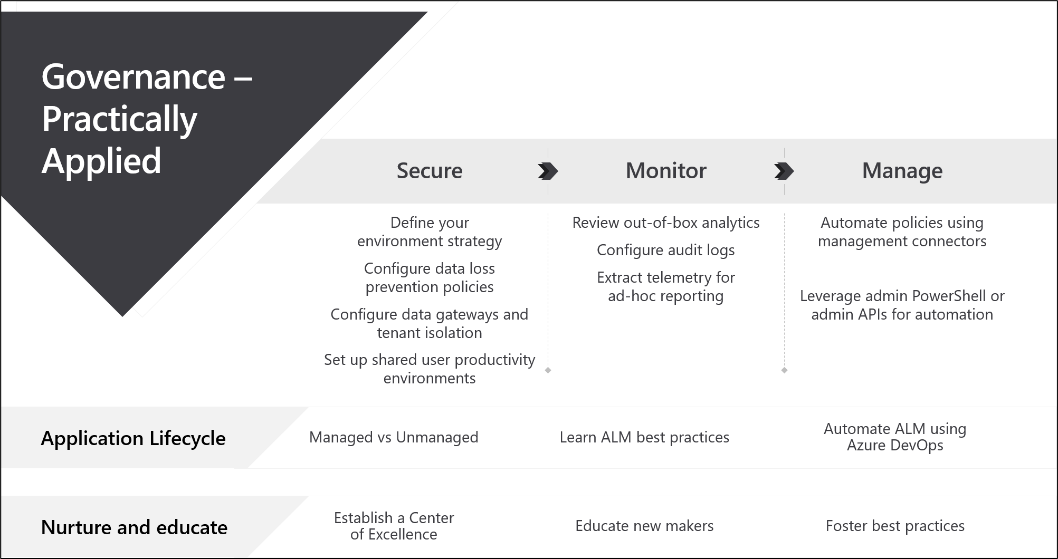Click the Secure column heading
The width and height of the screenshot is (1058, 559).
pos(429,171)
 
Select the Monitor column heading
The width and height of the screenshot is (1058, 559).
pos(665,171)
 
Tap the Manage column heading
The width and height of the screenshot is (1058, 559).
pos(902,171)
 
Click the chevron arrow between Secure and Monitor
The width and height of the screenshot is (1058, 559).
pos(548,171)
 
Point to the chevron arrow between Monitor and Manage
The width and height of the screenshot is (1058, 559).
pos(784,171)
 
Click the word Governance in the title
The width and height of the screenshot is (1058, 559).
pos(133,77)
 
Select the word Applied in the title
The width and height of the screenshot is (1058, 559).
pos(101,161)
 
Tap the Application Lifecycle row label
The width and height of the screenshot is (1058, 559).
pos(133,438)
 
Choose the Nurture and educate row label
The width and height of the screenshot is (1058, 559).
pos(134,527)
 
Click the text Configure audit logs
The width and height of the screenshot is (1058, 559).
pos(665,250)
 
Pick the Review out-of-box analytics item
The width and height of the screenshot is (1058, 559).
pos(665,223)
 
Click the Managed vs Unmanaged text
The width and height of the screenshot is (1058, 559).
pos(393,437)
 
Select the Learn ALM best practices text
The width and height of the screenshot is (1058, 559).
pos(644,437)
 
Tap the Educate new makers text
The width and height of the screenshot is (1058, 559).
pos(644,526)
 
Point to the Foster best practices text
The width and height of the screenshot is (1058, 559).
pos(895,526)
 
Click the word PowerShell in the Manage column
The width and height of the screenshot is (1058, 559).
pos(949,296)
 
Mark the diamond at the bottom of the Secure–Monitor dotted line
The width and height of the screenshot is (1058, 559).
pos(548,370)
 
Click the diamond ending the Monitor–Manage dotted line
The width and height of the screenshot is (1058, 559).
pos(784,370)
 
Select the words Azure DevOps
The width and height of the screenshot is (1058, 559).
pos(895,446)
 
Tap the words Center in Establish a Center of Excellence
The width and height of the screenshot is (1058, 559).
pos(431,518)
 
